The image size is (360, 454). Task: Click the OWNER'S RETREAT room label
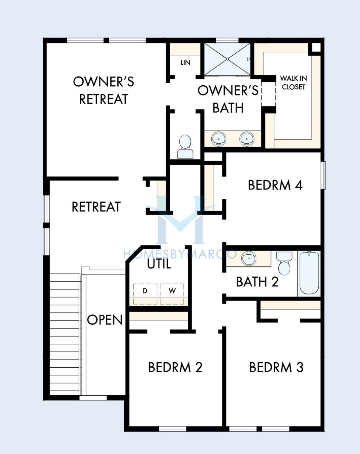103,90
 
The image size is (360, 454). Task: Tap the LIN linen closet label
186,63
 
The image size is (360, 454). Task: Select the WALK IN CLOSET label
293,83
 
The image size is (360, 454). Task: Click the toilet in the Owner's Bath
185,147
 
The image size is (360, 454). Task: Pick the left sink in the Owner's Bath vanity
219,139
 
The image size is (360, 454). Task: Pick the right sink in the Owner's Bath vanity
246,139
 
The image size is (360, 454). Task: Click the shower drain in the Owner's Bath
227,59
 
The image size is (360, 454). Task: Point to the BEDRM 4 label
275,185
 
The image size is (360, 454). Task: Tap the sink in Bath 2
249,258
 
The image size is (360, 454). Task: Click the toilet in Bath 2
284,263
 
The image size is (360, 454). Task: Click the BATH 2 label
257,282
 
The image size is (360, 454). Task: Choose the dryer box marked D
145,294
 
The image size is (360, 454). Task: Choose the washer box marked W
172,294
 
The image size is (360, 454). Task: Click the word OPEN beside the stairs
105,320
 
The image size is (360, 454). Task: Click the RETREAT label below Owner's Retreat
96,207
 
